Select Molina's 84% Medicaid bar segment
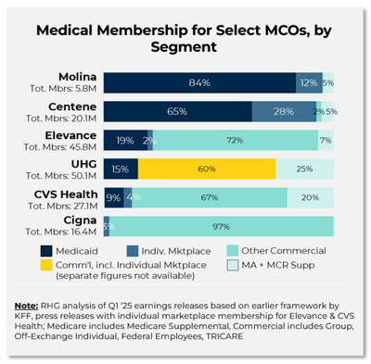point(198,83)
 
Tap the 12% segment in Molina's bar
point(309,83)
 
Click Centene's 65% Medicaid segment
point(177,111)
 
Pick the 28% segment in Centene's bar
point(283,111)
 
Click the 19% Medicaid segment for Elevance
point(124,140)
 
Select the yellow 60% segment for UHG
point(207,169)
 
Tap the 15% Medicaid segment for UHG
point(121,169)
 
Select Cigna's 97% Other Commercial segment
point(222,226)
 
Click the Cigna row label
point(81,219)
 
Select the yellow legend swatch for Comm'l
point(47,267)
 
